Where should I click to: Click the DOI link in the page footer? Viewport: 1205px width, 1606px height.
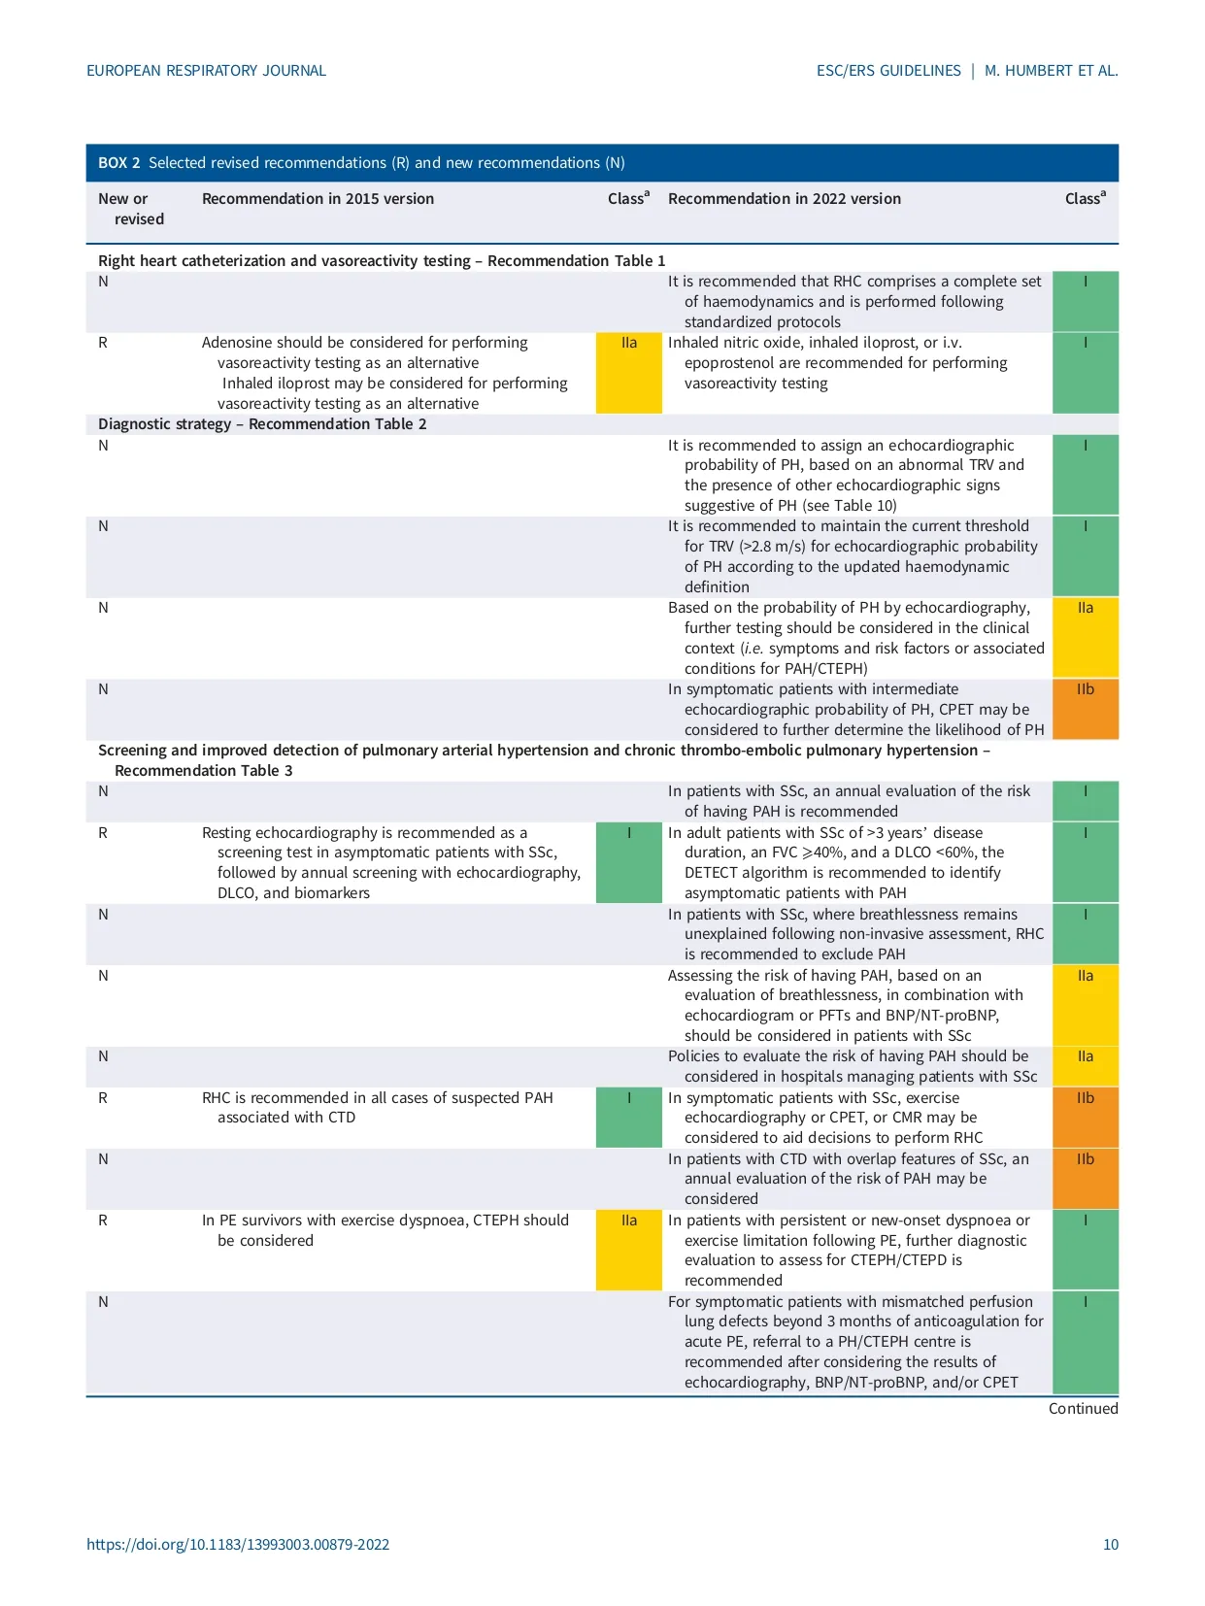point(238,1544)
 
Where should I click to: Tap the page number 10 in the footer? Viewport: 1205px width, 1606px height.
point(1110,1544)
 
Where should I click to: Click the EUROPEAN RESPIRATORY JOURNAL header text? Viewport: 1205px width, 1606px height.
point(206,71)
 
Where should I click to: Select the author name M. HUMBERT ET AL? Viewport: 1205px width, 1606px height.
point(1051,71)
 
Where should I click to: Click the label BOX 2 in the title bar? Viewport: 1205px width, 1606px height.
point(118,163)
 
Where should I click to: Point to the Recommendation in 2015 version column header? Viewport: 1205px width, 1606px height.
point(318,199)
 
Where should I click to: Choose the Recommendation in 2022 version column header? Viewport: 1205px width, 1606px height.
point(784,199)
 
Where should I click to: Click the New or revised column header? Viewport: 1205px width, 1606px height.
point(130,209)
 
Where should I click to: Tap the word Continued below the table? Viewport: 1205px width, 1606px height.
point(1083,1408)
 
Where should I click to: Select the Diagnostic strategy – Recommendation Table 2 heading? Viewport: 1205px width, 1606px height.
point(262,424)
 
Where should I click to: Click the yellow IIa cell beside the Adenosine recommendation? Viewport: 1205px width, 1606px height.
point(628,373)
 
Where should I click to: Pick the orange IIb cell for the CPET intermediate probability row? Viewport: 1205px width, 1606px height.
point(1085,709)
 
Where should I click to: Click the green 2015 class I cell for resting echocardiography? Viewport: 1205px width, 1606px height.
point(628,862)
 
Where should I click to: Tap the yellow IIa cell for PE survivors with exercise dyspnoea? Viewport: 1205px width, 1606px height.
point(628,1250)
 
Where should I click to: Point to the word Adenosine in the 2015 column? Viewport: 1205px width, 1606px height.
point(235,343)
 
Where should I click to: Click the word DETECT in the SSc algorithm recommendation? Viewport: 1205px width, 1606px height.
point(711,873)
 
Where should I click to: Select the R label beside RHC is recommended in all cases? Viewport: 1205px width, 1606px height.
point(103,1098)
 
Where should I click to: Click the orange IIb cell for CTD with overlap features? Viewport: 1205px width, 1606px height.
point(1085,1179)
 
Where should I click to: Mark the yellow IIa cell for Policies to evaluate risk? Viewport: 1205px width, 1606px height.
point(1085,1066)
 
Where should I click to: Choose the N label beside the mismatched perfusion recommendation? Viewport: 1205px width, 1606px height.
point(103,1302)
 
